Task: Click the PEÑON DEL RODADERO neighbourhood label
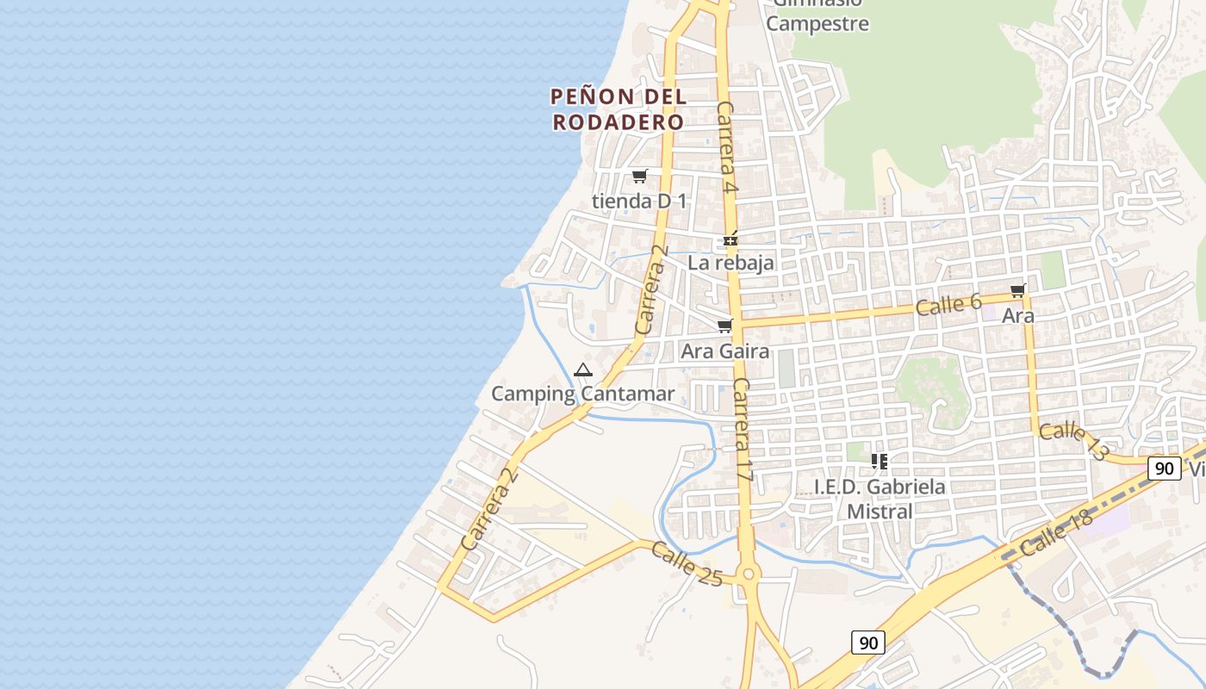[x=619, y=109]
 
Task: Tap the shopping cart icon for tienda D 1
[x=639, y=177]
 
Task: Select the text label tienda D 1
[x=639, y=202]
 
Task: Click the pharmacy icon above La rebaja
[x=730, y=239]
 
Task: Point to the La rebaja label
[x=730, y=263]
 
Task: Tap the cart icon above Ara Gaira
[x=724, y=326]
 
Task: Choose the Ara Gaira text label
[x=724, y=351]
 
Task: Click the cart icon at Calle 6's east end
[x=1018, y=291]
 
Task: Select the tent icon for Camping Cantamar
[x=583, y=370]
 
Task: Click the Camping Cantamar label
[x=582, y=394]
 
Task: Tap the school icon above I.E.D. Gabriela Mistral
[x=879, y=462]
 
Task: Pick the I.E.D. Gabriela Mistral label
[x=880, y=499]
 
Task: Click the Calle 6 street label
[x=948, y=304]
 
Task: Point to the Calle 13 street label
[x=1073, y=440]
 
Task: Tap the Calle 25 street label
[x=686, y=563]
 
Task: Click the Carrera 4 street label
[x=726, y=147]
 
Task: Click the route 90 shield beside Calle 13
[x=1164, y=469]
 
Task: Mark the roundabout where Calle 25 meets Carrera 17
[x=748, y=574]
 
